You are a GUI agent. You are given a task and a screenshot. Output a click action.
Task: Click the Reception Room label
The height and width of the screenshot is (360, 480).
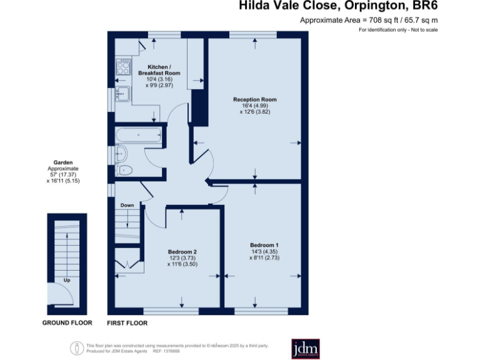[254, 99]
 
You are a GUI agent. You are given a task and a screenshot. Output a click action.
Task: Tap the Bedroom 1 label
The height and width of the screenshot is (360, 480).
[264, 244]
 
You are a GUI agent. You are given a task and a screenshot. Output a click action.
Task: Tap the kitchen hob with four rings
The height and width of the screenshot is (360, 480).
[122, 66]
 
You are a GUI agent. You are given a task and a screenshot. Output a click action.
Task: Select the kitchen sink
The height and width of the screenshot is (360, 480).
[122, 94]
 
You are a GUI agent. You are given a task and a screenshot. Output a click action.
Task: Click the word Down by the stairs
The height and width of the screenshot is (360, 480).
[127, 205]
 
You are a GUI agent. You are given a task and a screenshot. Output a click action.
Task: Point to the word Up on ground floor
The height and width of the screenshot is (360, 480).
[67, 281]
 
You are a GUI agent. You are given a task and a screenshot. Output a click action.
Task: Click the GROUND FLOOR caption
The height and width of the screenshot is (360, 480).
[67, 323]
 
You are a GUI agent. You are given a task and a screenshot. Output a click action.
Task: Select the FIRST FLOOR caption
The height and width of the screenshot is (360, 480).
[127, 323]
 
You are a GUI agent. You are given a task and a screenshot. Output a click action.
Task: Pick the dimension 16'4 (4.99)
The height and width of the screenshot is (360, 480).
[254, 106]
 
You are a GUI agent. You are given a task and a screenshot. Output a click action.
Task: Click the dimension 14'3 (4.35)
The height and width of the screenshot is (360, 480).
[264, 251]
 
